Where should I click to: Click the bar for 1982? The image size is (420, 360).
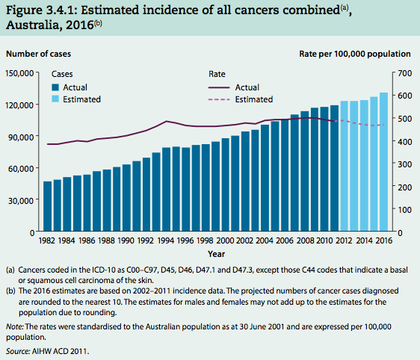(48, 206)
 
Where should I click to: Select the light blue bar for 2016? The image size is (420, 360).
(383, 162)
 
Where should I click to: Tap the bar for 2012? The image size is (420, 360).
(344, 166)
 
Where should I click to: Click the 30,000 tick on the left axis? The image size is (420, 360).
(22, 200)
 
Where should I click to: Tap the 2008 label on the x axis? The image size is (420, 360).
(304, 241)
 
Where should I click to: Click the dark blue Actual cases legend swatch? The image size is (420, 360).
(56, 87)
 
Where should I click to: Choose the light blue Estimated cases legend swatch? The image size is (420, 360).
(56, 99)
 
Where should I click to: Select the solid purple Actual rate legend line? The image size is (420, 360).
(217, 87)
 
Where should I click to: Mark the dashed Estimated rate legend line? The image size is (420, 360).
(217, 99)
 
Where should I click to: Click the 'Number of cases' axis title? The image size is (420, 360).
(40, 54)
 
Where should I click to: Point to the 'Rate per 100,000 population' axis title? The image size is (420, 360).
(355, 54)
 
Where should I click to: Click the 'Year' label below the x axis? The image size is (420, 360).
(214, 254)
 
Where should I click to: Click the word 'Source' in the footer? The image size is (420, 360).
(19, 350)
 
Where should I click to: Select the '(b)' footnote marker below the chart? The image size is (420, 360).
(12, 291)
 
